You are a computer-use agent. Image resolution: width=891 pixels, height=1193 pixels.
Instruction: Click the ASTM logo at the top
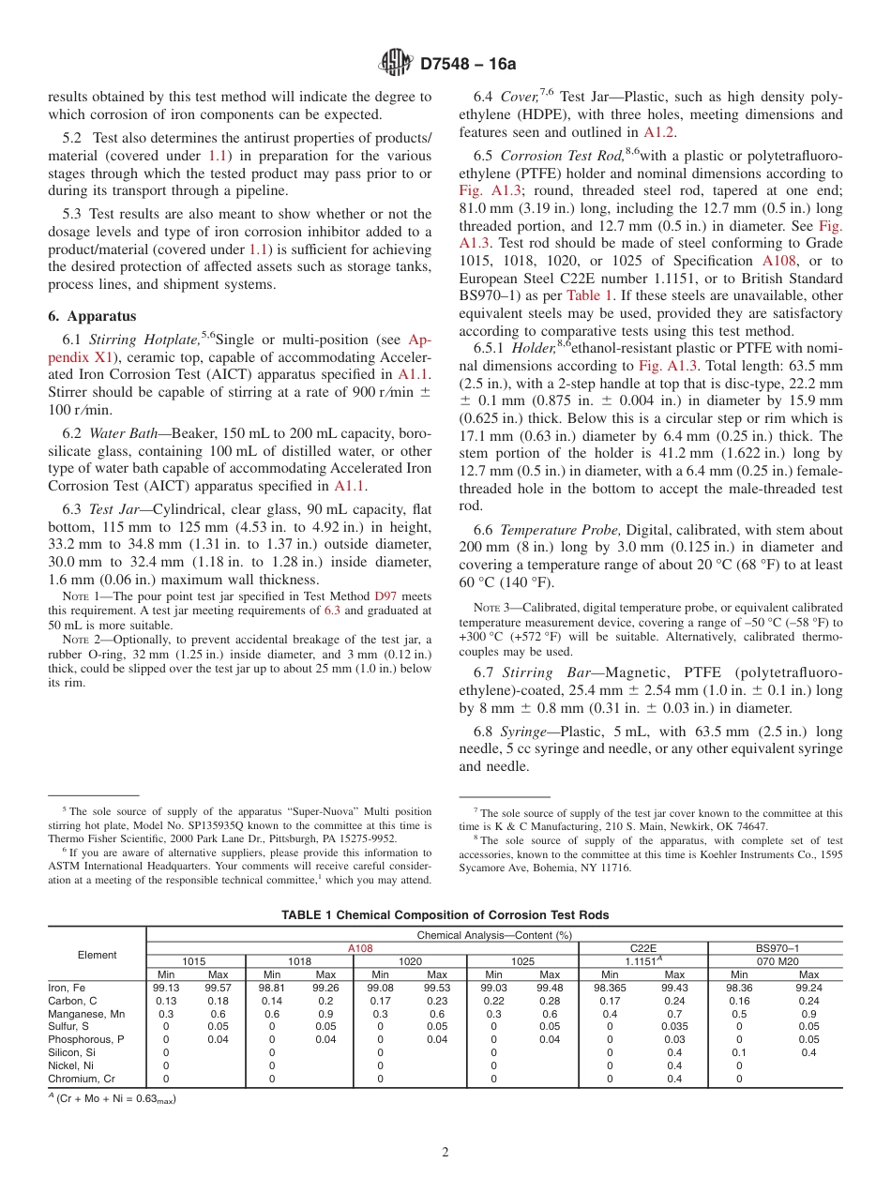pyautogui.click(x=395, y=64)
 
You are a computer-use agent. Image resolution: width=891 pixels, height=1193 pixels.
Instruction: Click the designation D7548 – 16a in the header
pyautogui.click(x=468, y=65)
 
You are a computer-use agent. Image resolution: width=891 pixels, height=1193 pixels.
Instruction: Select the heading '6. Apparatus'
pyautogui.click(x=92, y=316)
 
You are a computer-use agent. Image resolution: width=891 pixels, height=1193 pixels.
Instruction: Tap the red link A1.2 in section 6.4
pyautogui.click(x=664, y=133)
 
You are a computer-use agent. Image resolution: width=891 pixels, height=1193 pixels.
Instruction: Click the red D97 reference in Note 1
pyautogui.click(x=385, y=596)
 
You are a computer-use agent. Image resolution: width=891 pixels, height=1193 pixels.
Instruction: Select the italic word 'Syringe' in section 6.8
pyautogui.click(x=521, y=732)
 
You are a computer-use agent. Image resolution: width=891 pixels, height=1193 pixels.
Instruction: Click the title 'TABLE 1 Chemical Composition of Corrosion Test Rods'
pyautogui.click(x=445, y=914)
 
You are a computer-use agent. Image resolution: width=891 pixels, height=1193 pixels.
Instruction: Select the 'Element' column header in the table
pyautogui.click(x=98, y=955)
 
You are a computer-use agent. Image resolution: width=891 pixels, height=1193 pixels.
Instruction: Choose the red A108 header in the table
pyautogui.click(x=360, y=948)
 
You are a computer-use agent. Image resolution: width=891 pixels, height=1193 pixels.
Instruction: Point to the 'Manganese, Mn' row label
pyautogui.click(x=86, y=1014)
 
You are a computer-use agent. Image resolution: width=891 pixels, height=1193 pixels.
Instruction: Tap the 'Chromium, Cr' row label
pyautogui.click(x=82, y=1079)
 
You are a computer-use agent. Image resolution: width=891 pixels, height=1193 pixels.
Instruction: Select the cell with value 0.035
pyautogui.click(x=673, y=1026)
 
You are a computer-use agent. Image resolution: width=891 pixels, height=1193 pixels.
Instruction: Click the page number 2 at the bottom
pyautogui.click(x=445, y=1153)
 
